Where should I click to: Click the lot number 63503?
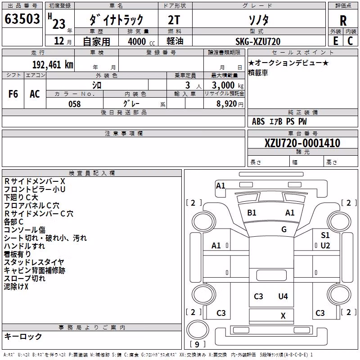(x=22, y=19)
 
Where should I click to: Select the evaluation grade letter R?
(x=343, y=21)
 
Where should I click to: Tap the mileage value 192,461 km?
(x=53, y=65)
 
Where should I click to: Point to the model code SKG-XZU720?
(x=258, y=41)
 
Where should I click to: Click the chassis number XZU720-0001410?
(x=302, y=143)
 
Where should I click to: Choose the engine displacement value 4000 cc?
(x=141, y=41)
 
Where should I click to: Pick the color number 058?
(x=75, y=104)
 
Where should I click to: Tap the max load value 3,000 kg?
(x=228, y=85)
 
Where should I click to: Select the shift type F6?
(x=13, y=94)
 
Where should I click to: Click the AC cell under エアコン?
(x=35, y=94)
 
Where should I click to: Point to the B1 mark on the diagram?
(x=252, y=213)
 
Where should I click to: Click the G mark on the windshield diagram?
(x=284, y=229)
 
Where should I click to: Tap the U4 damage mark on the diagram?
(x=283, y=297)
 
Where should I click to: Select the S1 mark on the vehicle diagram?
(x=325, y=235)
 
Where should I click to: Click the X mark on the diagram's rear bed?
(x=283, y=316)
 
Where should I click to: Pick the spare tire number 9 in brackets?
(x=197, y=344)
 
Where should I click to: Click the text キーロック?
(x=23, y=337)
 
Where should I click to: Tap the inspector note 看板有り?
(x=17, y=254)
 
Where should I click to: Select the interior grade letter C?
(x=351, y=41)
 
